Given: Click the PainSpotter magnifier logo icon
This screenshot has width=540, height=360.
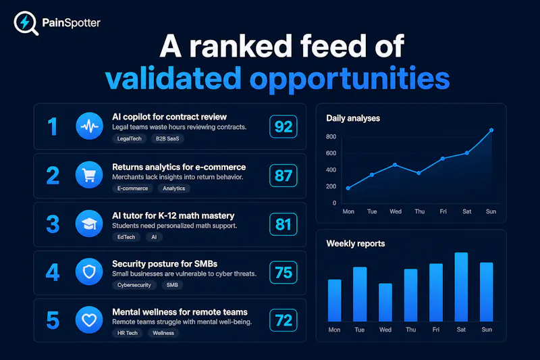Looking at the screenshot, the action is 26,23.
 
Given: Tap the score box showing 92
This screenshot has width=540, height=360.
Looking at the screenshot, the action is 283,126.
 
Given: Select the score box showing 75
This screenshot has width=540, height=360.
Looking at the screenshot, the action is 283,272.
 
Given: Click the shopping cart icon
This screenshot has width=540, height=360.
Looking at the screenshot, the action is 89,175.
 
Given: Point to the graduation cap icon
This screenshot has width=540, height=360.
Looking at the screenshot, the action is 89,224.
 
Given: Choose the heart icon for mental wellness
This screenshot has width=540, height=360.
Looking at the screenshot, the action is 89,320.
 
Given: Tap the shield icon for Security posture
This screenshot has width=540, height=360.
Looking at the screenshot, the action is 89,272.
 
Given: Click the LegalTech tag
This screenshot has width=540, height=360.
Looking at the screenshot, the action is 129,138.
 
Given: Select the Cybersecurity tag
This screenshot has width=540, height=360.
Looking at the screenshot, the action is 134,285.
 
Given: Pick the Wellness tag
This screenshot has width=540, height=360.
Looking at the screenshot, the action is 163,333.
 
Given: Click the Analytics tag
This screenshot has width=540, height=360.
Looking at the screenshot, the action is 173,188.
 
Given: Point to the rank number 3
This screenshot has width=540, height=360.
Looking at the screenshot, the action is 53,224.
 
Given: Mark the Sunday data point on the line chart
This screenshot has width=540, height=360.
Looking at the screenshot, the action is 491,130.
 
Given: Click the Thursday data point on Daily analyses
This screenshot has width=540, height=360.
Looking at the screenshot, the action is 418,173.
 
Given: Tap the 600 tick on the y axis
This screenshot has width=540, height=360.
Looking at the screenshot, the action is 331,153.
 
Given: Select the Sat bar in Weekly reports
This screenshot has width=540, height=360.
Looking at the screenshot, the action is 461,287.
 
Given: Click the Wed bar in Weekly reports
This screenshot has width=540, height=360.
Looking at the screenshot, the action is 385,303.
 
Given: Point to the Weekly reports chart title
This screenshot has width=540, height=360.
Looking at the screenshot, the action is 356,244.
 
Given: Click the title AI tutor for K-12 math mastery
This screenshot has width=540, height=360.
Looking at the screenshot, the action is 173,215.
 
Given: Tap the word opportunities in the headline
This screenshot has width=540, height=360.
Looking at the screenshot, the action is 350,78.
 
